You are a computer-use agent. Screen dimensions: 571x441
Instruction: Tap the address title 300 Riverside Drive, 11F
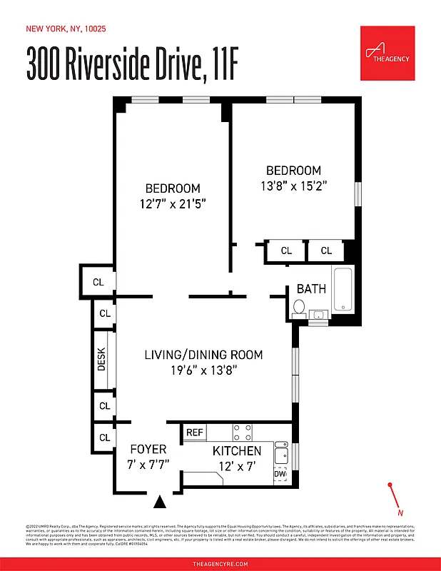[x=132, y=66]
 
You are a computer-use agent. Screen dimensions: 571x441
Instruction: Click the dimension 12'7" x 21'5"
[x=173, y=203]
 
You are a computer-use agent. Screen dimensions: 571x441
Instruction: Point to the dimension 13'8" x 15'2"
[x=293, y=185]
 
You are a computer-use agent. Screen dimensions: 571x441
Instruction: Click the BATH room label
[x=311, y=289]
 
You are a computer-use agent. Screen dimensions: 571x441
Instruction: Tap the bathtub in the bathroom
[x=343, y=289]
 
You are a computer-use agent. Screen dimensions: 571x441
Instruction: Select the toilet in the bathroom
[x=299, y=308]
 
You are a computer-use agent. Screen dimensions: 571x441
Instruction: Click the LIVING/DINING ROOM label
[x=203, y=355]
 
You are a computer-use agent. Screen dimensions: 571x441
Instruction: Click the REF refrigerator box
[x=194, y=433]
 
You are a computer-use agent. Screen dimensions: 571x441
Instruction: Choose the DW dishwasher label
[x=280, y=473]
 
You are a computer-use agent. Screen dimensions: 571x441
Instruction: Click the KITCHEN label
[x=237, y=451]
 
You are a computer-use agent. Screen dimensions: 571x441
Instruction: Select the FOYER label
[x=148, y=450]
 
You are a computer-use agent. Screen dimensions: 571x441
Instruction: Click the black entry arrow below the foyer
[x=161, y=502]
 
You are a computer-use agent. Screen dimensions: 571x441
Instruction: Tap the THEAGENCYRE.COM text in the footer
[x=220, y=564]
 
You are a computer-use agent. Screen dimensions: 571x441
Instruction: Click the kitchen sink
[x=281, y=452]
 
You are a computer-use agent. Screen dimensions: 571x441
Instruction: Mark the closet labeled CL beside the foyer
[x=104, y=438]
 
